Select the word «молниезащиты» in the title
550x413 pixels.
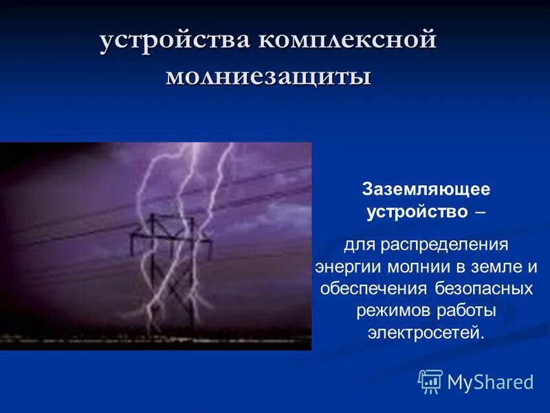[x=268, y=76]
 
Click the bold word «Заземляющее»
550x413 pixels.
[x=426, y=189]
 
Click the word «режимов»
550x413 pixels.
[x=390, y=310]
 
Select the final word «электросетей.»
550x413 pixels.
[x=426, y=333]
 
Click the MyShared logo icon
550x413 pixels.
[x=430, y=381]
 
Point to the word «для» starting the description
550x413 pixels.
[x=359, y=244]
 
